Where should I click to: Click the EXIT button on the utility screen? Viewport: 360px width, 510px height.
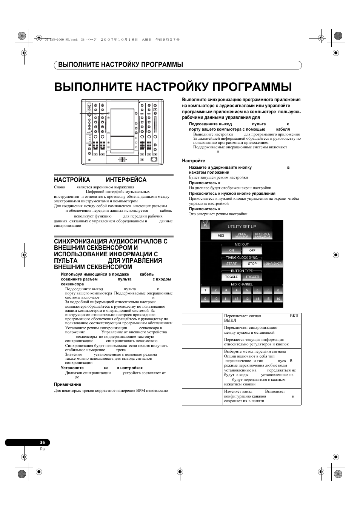pyautogui.click(x=205, y=224)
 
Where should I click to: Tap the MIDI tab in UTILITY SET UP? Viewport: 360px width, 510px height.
pyautogui.click(x=221, y=236)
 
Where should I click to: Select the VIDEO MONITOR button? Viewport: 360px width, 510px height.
pyautogui.click(x=242, y=236)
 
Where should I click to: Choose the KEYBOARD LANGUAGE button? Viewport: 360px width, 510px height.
pyautogui.click(x=263, y=236)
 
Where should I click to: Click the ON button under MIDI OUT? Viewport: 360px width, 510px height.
pyautogui.click(x=231, y=250)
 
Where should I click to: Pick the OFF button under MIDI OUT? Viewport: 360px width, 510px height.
pyautogui.click(x=252, y=250)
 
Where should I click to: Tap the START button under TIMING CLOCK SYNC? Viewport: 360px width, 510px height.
pyautogui.click(x=231, y=263)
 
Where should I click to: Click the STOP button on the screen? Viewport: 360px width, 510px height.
pyautogui.click(x=252, y=263)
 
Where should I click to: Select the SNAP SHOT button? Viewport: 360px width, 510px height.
pyautogui.click(x=273, y=263)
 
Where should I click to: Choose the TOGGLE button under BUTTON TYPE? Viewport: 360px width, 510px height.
pyautogui.click(x=231, y=277)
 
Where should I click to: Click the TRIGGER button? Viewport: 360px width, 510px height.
pyautogui.click(x=252, y=277)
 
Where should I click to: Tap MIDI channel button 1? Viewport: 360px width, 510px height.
pyautogui.click(x=205, y=290)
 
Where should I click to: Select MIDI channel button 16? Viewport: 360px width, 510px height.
pyautogui.click(x=278, y=299)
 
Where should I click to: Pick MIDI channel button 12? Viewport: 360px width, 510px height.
pyautogui.click(x=236, y=299)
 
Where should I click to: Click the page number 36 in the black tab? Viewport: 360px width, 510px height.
pyautogui.click(x=42, y=442)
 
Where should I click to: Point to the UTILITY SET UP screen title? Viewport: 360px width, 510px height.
pyautogui.click(x=242, y=226)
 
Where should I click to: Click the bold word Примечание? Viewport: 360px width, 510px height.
pyautogui.click(x=68, y=384)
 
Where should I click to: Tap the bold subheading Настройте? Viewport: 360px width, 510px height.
pyautogui.click(x=194, y=161)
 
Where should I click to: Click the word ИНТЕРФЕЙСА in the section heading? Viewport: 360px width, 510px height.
pyautogui.click(x=126, y=180)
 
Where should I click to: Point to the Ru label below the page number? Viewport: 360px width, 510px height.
pyautogui.click(x=42, y=449)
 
